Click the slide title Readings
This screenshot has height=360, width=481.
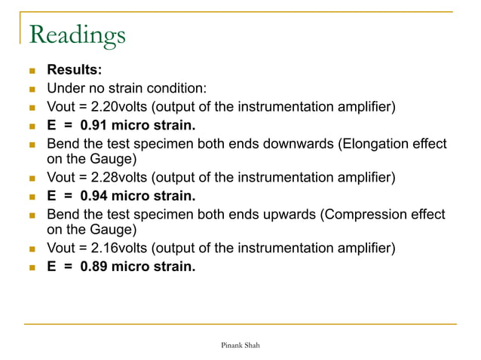[x=76, y=35]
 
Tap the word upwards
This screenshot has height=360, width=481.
[x=286, y=215]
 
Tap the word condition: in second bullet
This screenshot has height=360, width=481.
[x=174, y=88]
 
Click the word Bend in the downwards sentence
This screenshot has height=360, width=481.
[x=63, y=143]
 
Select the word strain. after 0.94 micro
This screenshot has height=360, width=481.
[x=173, y=196]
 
